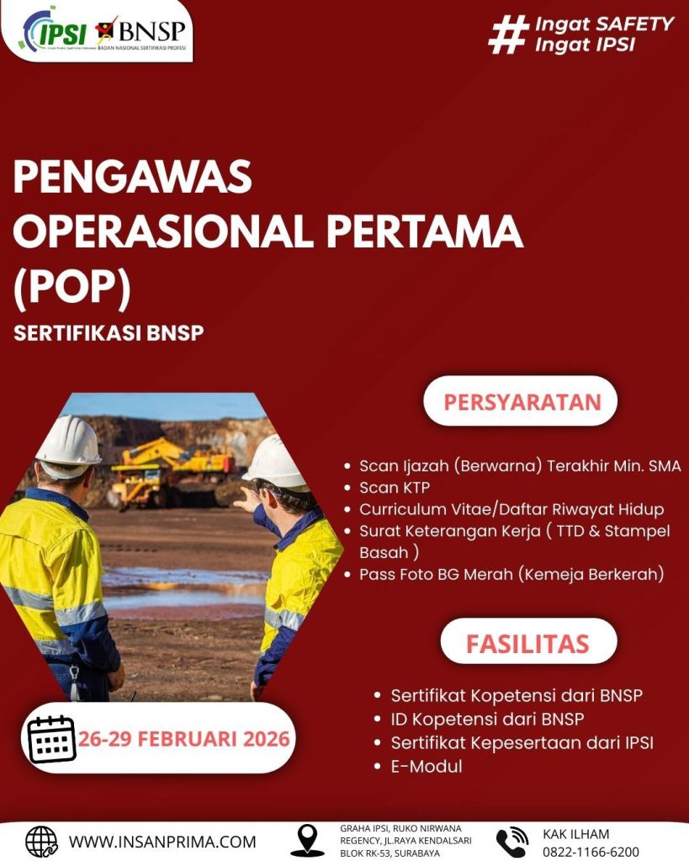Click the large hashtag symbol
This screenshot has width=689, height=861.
[508, 34]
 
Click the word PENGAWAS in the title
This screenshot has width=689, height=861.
[132, 176]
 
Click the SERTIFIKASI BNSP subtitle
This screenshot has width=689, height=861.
[109, 333]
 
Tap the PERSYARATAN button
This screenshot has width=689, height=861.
[521, 401]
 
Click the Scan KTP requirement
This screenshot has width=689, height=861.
[395, 487]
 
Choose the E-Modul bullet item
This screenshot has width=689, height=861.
[426, 766]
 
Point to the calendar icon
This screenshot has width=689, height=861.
[51, 739]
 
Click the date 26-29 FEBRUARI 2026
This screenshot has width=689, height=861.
[183, 739]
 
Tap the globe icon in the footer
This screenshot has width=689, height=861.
[42, 842]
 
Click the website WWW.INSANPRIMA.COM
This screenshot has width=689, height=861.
[162, 842]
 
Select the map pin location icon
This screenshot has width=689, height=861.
[307, 841]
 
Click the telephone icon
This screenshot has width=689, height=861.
[511, 842]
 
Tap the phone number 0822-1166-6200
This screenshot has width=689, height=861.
[591, 852]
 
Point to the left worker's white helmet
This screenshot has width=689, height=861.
[69, 442]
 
